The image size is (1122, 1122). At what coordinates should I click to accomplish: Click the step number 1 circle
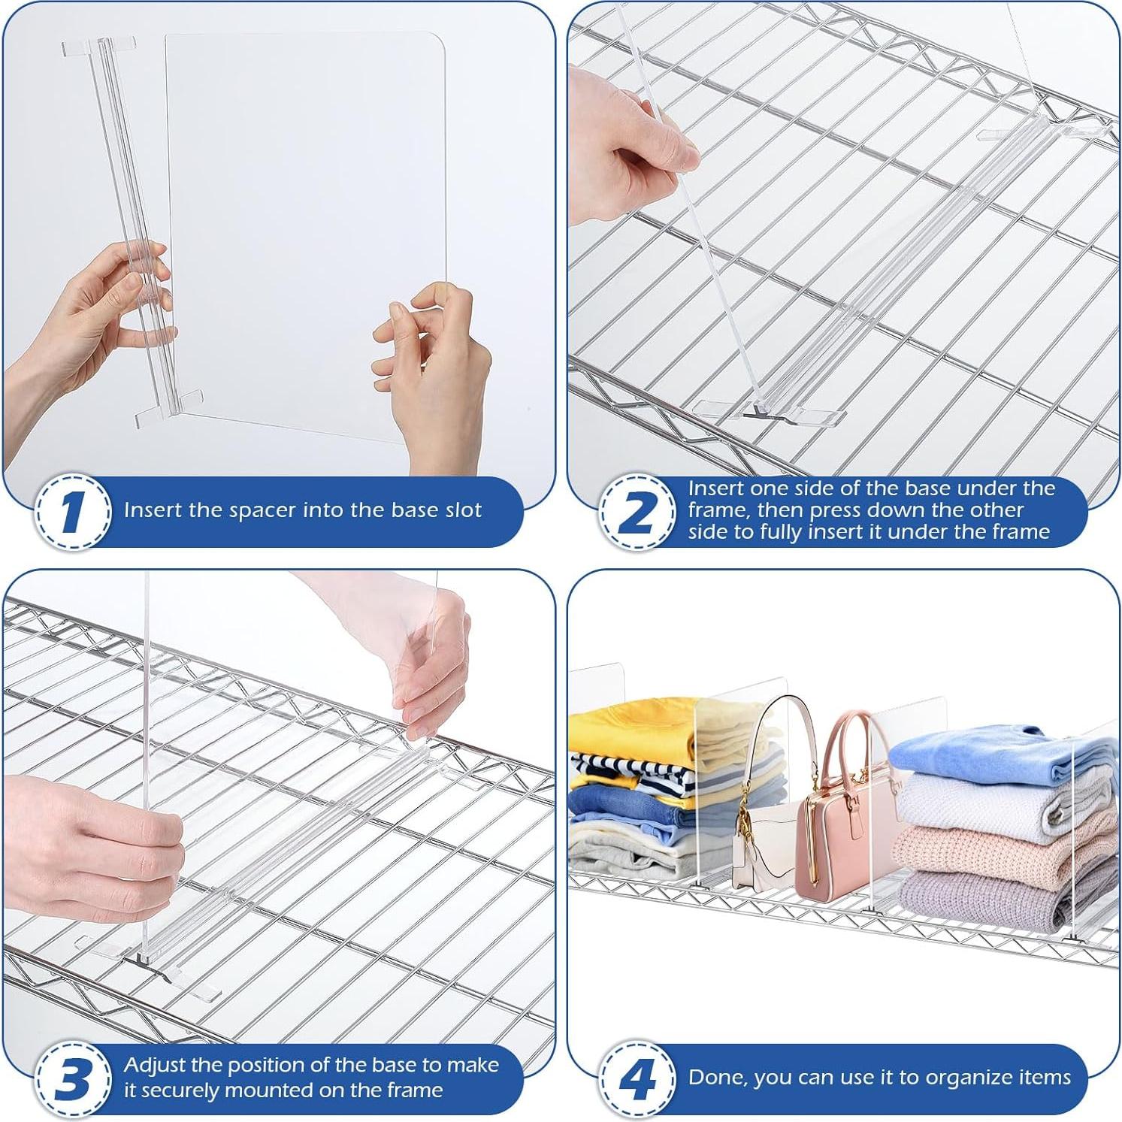(71, 512)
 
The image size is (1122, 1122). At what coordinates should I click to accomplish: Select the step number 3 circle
(71, 1079)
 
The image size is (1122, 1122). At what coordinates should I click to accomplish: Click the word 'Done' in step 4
(717, 1078)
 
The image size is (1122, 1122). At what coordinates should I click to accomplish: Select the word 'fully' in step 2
(782, 533)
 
